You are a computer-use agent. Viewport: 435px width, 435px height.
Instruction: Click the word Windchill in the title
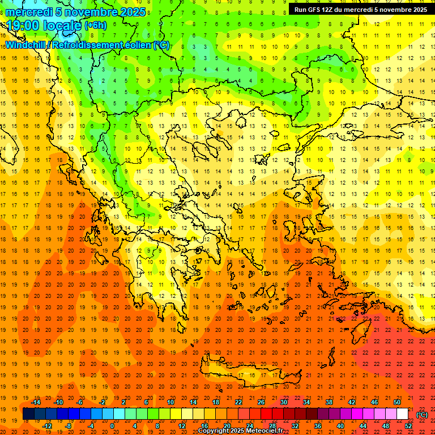coord(27,45)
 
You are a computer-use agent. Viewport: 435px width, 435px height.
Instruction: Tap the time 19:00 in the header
coord(25,25)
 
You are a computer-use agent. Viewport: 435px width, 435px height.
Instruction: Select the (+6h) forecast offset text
coord(95,25)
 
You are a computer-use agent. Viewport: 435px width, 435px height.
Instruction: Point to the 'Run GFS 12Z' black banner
coord(361,10)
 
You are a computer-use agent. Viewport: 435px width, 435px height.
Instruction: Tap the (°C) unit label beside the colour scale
coord(422,415)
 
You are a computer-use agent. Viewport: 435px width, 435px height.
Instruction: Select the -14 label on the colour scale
coord(35,402)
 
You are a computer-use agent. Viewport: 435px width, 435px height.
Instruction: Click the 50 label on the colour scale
coord(396,402)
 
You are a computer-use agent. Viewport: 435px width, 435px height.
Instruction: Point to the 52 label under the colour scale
coord(408,426)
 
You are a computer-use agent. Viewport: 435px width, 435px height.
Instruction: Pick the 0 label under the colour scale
coord(112,426)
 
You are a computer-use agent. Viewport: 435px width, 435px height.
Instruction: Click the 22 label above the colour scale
coord(238,402)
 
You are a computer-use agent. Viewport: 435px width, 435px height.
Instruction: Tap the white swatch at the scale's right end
coord(402,414)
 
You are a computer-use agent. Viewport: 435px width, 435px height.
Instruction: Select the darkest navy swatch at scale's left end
coord(28,414)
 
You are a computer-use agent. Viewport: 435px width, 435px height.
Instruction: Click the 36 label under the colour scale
coord(317,426)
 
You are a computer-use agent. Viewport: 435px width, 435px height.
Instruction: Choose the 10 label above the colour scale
coord(170,402)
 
